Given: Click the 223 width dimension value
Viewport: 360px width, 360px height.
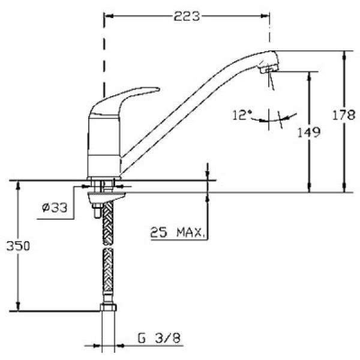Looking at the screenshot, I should click(187, 17).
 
